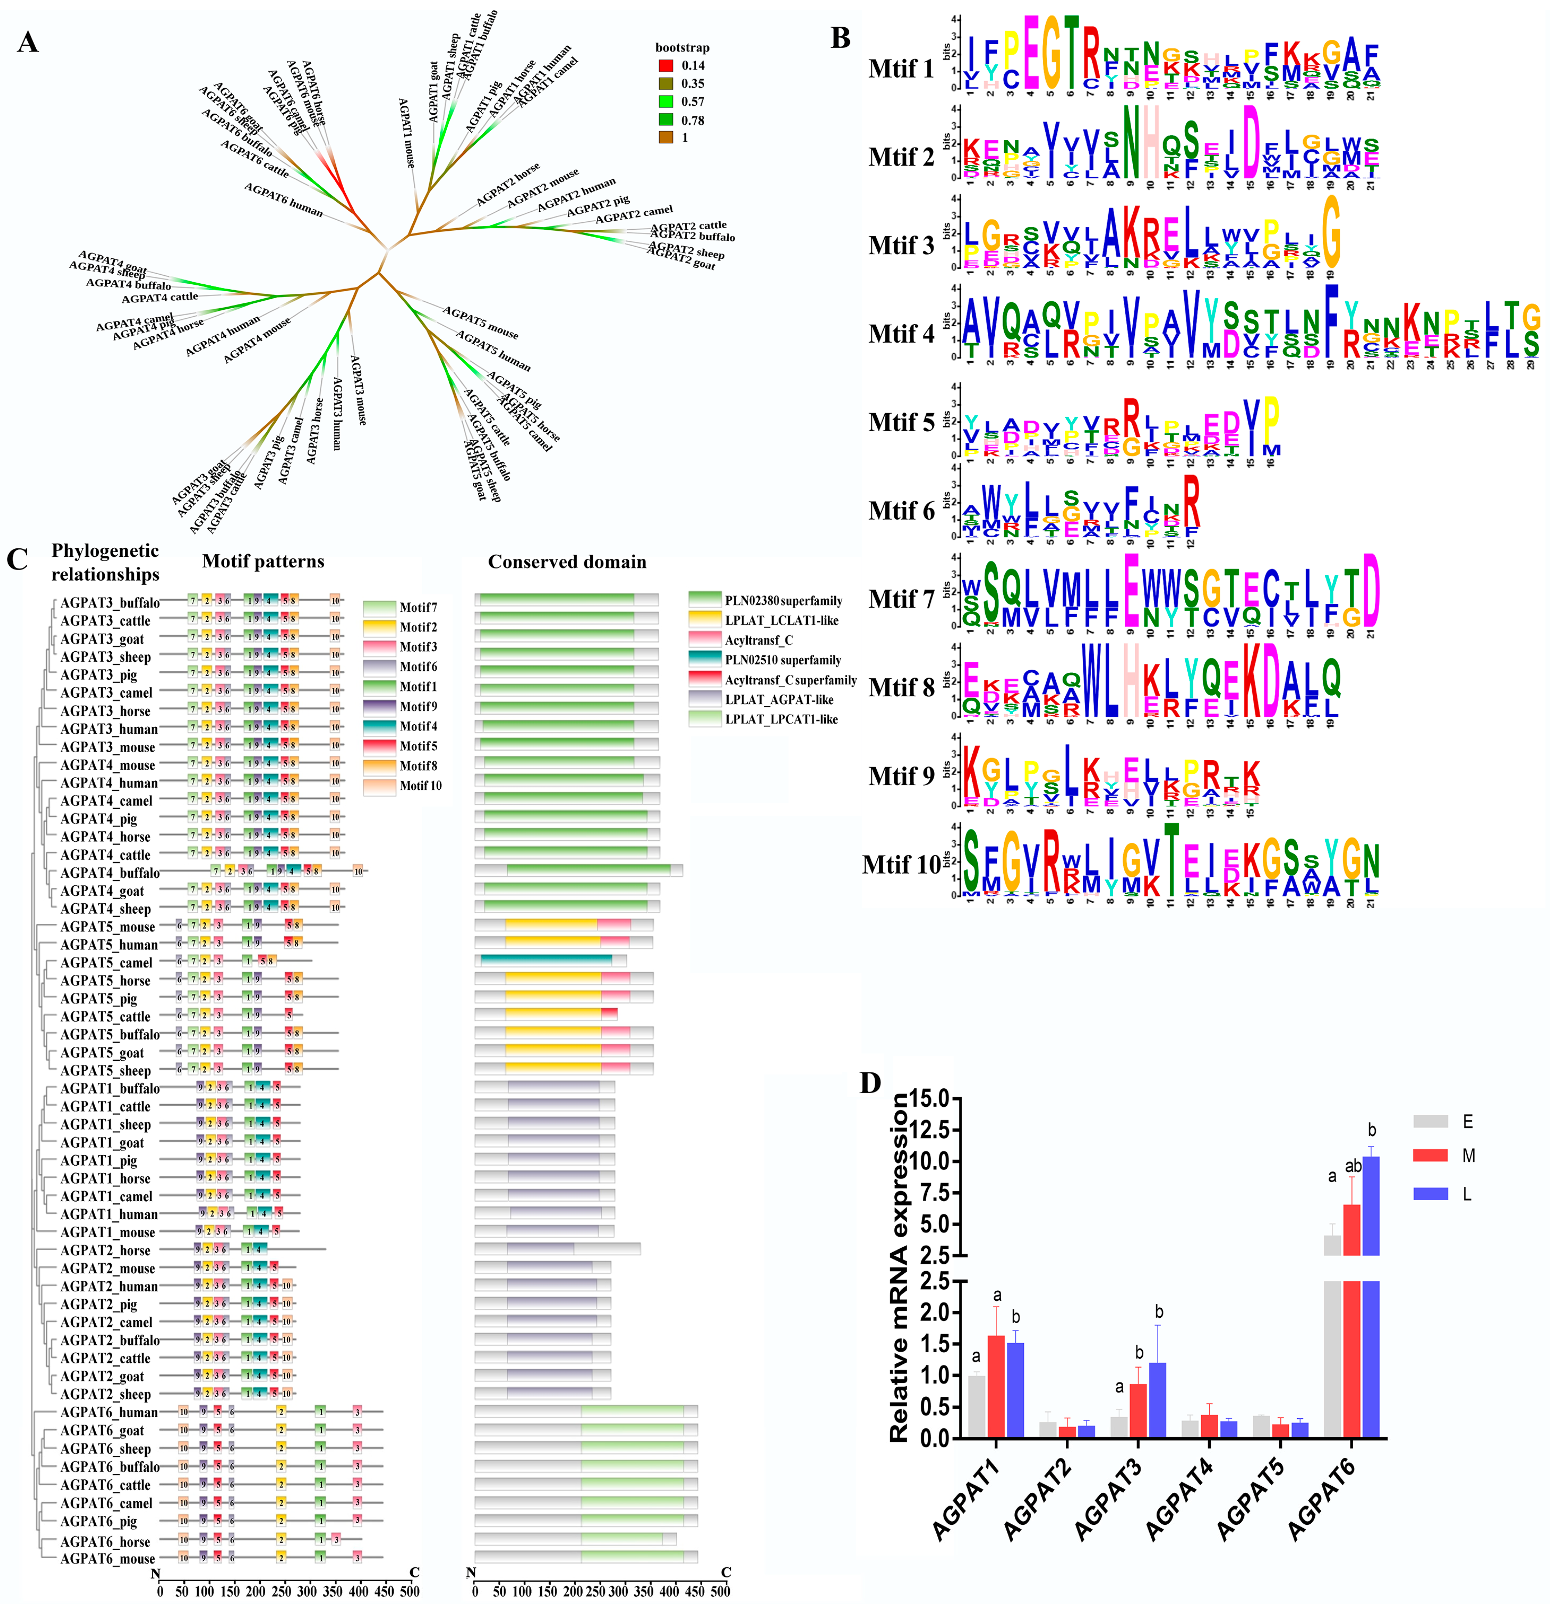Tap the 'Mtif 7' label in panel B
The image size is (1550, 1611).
tap(902, 599)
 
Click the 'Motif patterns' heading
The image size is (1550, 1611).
tap(263, 561)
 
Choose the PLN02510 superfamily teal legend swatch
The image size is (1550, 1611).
tap(704, 659)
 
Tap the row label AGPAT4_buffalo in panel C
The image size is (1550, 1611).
tap(109, 873)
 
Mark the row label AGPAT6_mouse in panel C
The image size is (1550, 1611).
tap(107, 1559)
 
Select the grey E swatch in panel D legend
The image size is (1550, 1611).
tap(1431, 1121)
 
